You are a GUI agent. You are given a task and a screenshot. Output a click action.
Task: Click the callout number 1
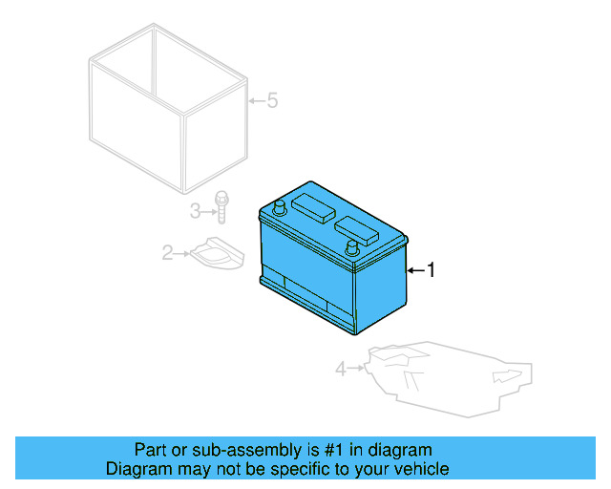pos(431,271)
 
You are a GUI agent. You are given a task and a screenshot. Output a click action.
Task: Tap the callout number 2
pos(167,253)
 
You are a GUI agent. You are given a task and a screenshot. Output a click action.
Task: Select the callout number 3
pos(194,209)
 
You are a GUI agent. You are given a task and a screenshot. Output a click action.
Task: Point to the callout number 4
pos(341,368)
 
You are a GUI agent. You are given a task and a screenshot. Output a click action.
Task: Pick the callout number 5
pos(272,100)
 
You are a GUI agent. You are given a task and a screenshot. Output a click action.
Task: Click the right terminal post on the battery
pos(352,248)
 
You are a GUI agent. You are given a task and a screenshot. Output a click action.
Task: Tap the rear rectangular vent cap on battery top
pos(312,205)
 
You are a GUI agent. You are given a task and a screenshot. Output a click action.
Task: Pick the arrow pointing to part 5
pos(255,100)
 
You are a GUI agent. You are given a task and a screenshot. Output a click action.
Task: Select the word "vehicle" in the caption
pos(418,469)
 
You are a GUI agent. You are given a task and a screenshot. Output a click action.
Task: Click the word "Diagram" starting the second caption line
pos(136,469)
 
